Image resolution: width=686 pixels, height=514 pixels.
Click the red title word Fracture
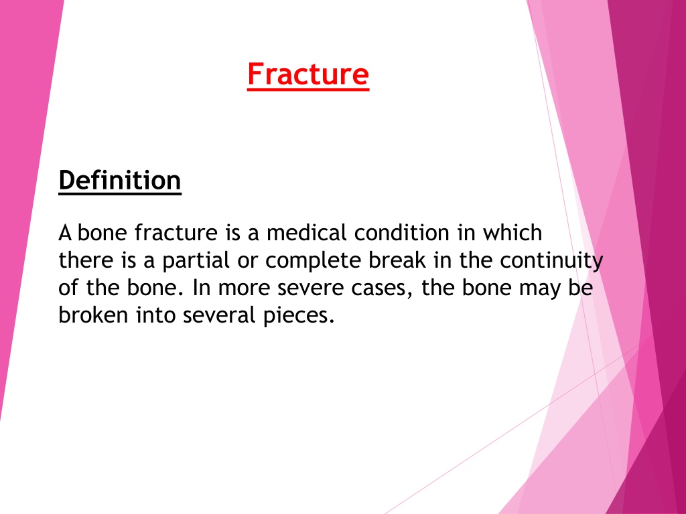308,74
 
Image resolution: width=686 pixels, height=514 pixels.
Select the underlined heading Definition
120,181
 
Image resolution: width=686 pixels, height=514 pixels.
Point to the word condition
402,232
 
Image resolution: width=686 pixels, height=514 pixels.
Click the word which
512,232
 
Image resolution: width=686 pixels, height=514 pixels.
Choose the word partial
196,261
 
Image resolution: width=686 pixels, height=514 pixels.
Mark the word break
397,260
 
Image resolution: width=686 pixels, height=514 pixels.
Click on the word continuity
552,261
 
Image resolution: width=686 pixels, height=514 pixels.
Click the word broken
93,315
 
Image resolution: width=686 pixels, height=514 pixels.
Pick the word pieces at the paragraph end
299,316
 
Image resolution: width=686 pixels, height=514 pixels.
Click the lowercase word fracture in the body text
176,232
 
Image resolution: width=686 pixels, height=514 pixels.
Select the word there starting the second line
86,260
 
